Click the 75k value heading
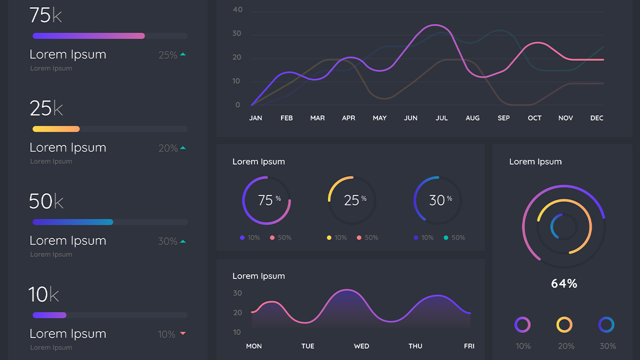pyautogui.click(x=45, y=15)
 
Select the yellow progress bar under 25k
pyautogui.click(x=56, y=129)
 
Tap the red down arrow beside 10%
pyautogui.click(x=182, y=333)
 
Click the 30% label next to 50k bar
pyautogui.click(x=167, y=241)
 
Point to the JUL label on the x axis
pyautogui.click(x=441, y=118)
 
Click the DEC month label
pyautogui.click(x=596, y=118)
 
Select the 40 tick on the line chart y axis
pyautogui.click(x=237, y=9)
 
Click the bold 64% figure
pyautogui.click(x=564, y=283)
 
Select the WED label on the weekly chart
pyautogui.click(x=361, y=346)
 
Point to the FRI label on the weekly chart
pyautogui.click(x=469, y=346)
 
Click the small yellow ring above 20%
pyautogui.click(x=564, y=324)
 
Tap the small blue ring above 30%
pyautogui.click(x=606, y=324)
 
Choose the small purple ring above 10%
pyautogui.click(x=522, y=324)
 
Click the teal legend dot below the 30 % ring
pyautogui.click(x=446, y=238)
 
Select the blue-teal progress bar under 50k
pyautogui.click(x=72, y=222)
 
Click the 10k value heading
pyautogui.click(x=43, y=294)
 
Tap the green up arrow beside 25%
pyautogui.click(x=182, y=54)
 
